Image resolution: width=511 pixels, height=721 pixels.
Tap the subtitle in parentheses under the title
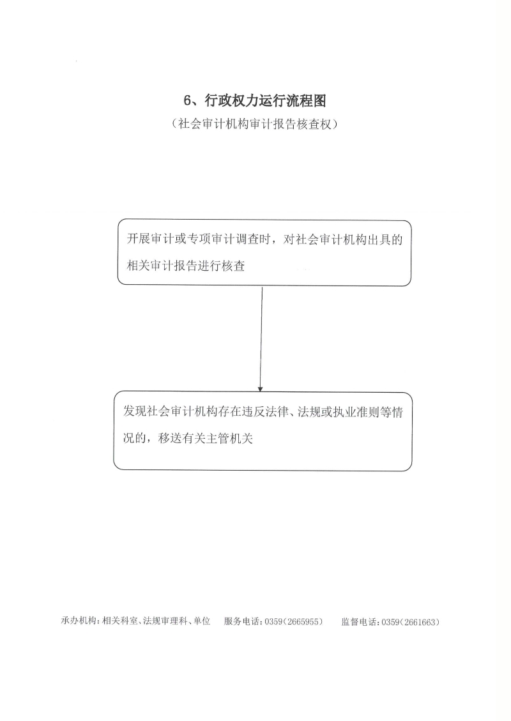pyautogui.click(x=256, y=124)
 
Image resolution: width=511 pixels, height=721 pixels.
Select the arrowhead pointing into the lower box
pyautogui.click(x=261, y=388)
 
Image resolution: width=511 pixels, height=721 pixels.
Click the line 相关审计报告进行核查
pyautogui.click(x=186, y=265)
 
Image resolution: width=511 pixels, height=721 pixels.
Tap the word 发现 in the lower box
pyautogui.click(x=135, y=411)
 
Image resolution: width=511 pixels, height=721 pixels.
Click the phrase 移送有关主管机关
pyautogui.click(x=206, y=438)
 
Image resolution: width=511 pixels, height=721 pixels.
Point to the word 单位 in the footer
pyautogui.click(x=201, y=621)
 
